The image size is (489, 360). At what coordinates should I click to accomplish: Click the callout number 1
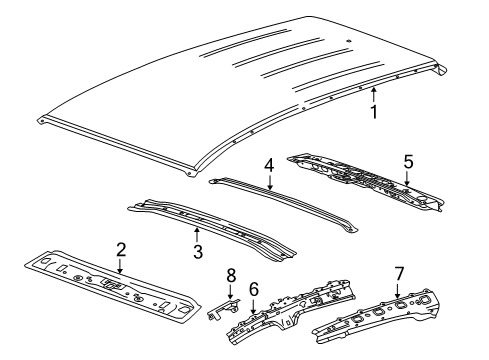375,112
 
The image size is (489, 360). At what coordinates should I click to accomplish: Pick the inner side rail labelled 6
290,305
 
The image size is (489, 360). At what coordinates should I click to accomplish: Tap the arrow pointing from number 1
373,95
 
